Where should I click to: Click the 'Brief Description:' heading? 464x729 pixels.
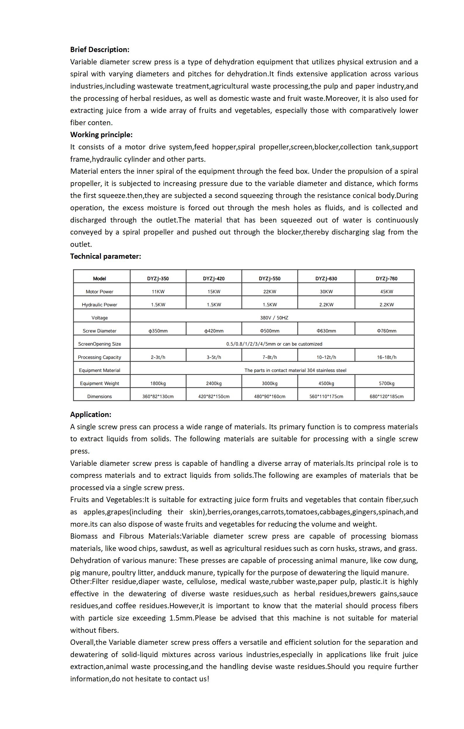100,50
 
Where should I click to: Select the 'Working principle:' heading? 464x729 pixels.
101,135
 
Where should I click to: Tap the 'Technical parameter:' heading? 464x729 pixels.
105,256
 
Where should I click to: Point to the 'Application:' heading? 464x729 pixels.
91,414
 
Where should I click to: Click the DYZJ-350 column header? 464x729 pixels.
158,278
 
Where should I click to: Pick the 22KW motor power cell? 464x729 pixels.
269,292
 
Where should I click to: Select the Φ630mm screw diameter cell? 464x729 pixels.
326,331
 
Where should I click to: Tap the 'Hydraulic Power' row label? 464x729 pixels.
99,305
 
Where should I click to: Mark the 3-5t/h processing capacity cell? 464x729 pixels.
214,357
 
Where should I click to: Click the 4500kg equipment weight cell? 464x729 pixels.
326,384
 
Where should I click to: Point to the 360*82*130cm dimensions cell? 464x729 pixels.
158,397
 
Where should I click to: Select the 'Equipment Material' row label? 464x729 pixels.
99,370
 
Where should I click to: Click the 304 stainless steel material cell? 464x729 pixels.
295,370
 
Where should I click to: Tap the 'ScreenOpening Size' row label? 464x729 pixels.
99,344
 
